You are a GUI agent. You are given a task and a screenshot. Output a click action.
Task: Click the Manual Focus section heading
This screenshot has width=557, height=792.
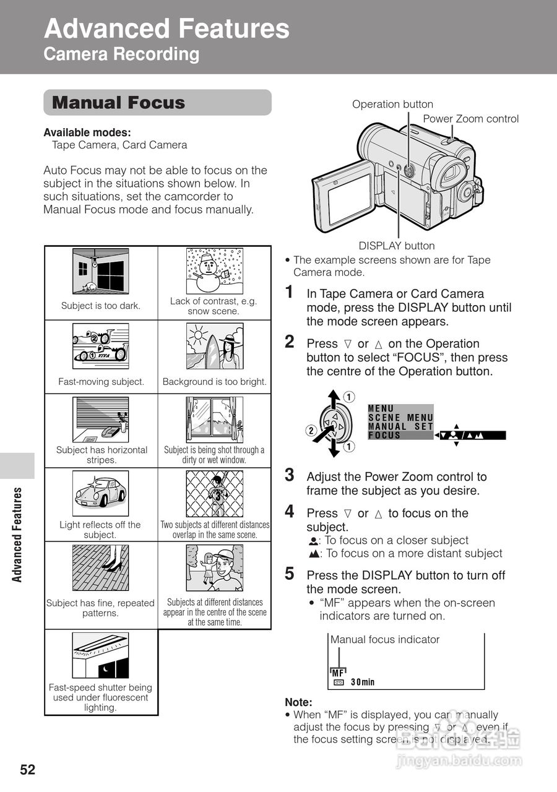[119, 103]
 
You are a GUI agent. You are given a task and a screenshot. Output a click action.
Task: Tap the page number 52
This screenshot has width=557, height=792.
[28, 770]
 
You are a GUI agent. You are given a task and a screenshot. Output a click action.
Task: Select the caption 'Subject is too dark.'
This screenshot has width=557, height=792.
[101, 306]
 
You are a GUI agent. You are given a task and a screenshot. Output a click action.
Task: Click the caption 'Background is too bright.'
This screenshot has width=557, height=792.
[214, 382]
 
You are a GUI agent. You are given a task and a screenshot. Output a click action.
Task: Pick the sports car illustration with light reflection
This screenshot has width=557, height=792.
[100, 493]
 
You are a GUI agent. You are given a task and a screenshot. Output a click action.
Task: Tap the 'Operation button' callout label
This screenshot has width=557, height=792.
[392, 105]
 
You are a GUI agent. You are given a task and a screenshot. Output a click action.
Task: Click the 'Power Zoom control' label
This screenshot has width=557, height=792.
[470, 119]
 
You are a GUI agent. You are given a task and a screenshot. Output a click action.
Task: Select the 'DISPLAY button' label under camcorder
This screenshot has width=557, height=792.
[397, 246]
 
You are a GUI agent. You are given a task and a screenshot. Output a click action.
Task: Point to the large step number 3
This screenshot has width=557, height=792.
[289, 475]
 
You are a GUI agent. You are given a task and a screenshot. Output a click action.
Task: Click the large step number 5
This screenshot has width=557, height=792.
[289, 574]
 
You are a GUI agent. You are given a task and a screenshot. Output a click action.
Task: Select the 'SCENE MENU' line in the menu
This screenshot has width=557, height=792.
[400, 418]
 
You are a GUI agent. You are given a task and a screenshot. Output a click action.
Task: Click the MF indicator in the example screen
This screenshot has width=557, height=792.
[338, 673]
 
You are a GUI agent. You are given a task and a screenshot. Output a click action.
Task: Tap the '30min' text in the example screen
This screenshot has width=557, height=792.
[363, 682]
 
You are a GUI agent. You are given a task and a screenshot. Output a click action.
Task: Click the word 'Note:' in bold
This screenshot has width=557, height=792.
[298, 702]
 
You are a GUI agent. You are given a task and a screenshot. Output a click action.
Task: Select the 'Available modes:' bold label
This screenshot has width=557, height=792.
[87, 132]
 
